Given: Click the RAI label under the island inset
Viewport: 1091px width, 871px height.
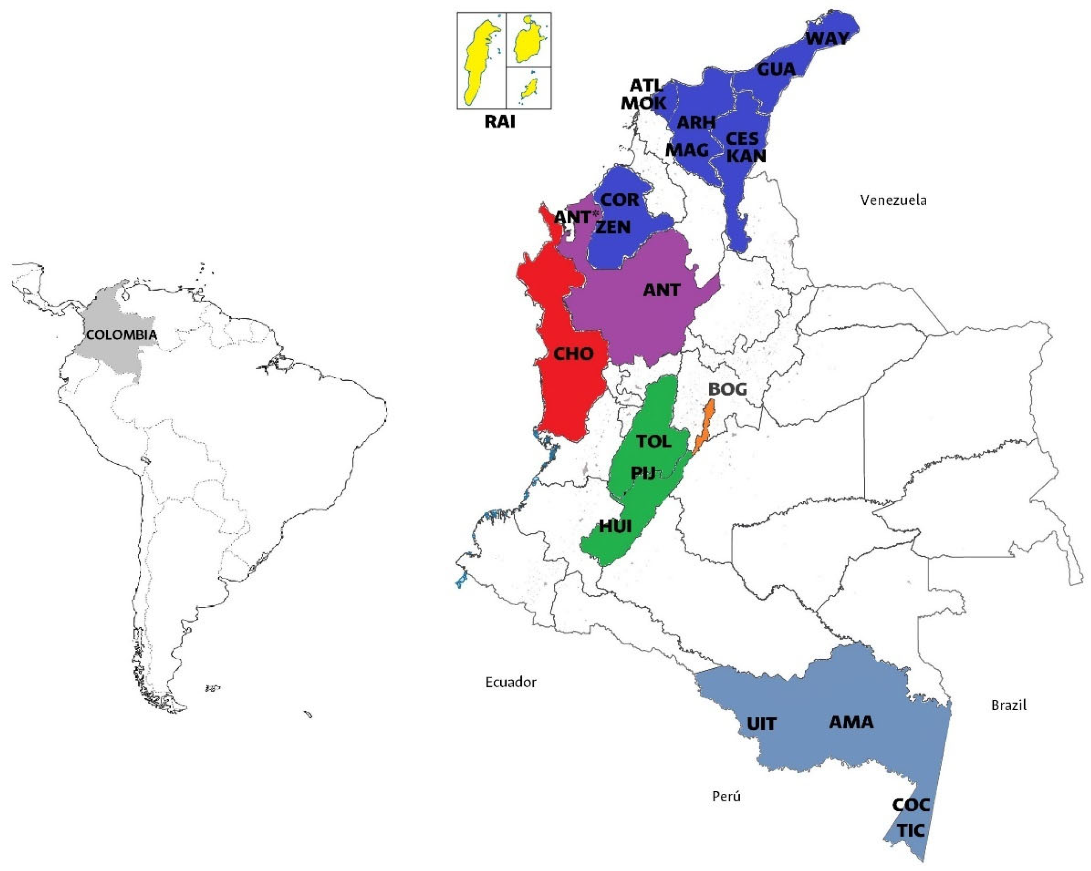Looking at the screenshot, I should [500, 122].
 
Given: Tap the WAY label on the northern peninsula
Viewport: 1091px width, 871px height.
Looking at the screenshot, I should [827, 39].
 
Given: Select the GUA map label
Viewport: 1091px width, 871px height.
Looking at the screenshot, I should [776, 69].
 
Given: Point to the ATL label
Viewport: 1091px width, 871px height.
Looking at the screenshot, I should [646, 86].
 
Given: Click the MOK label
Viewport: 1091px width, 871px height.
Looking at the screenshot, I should [644, 103].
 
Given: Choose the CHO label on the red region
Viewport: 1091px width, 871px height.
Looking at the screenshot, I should [573, 354].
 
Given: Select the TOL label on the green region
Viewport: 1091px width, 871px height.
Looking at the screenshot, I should [654, 441].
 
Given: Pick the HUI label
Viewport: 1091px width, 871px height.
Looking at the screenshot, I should [615, 526].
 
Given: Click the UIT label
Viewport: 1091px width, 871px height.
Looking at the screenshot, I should [761, 724].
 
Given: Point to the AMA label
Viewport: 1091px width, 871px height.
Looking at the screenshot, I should [851, 722].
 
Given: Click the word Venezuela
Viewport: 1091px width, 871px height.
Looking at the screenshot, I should [894, 200].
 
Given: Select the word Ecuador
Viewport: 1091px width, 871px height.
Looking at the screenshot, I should [510, 683].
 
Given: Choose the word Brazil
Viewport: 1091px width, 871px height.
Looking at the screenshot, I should [1009, 705].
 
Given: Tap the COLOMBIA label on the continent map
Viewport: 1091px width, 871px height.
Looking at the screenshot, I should [121, 335].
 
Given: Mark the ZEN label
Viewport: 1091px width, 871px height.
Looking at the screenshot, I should [613, 228].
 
